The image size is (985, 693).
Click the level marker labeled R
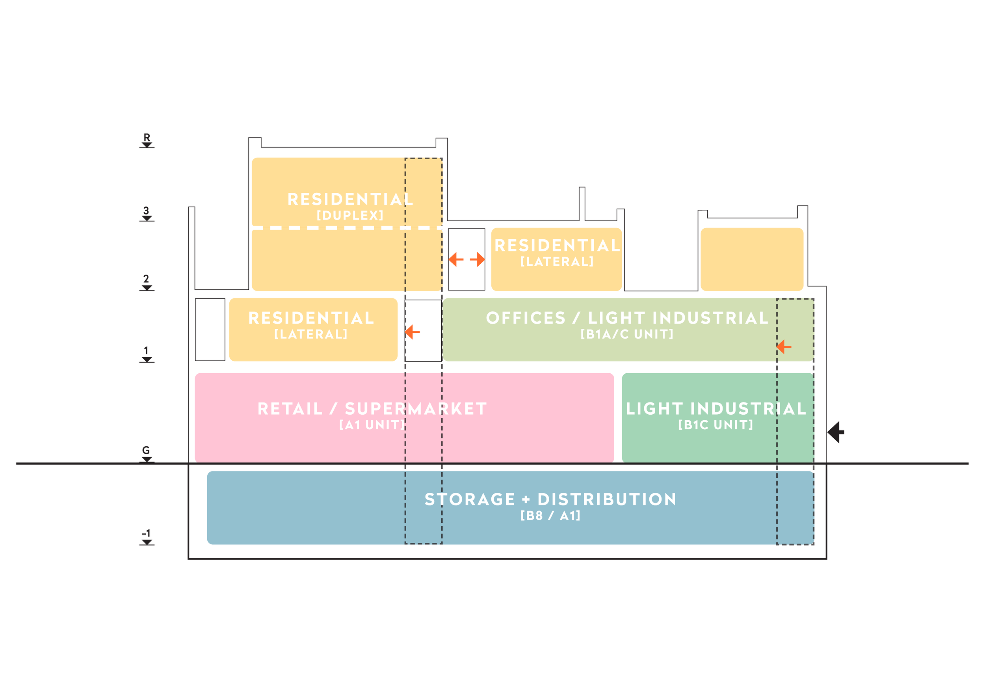tap(147, 141)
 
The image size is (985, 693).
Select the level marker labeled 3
tap(147, 214)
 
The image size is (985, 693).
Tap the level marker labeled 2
tap(147, 282)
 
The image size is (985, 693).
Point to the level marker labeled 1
tap(147, 354)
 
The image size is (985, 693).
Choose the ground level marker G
tap(147, 454)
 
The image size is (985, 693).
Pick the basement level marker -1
tap(147, 537)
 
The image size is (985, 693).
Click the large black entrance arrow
tap(836, 432)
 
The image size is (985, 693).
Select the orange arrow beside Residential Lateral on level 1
tap(412, 332)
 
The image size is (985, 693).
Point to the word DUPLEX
tap(350, 215)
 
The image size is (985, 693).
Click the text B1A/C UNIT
tap(627, 334)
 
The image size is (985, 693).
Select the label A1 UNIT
tap(372, 425)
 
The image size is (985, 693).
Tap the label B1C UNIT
tap(716, 425)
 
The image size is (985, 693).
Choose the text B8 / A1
tap(550, 515)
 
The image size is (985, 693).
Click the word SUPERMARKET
tap(416, 409)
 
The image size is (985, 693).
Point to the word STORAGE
tap(470, 499)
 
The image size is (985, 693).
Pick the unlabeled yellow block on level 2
tap(752, 259)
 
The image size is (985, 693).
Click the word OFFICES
tap(526, 318)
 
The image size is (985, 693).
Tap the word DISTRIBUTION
tap(607, 499)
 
